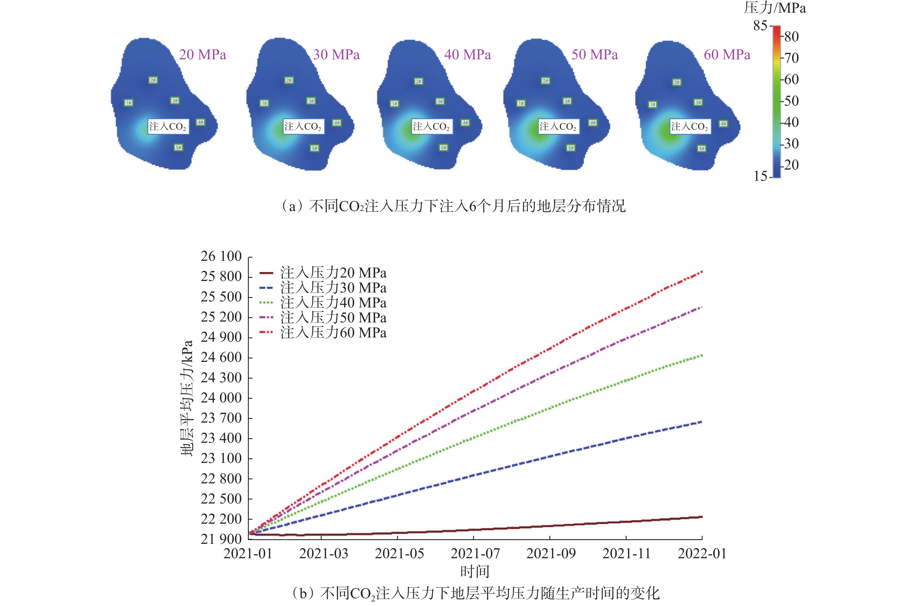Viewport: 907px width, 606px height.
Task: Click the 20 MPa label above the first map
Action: (202, 54)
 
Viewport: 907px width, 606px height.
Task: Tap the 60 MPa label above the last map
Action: (727, 54)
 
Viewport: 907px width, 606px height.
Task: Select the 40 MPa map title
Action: (467, 54)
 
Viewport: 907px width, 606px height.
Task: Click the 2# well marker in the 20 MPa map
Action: (153, 80)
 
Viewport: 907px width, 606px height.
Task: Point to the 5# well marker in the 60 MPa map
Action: (701, 149)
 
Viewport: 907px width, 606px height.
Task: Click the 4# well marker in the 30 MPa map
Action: (337, 123)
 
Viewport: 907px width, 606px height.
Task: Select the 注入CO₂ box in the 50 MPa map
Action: (558, 126)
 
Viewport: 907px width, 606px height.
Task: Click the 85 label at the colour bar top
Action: (760, 26)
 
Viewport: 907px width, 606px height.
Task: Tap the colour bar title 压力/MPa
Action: (775, 8)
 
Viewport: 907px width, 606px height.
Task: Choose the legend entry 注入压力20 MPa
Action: (333, 273)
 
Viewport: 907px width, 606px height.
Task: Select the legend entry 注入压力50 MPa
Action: (333, 318)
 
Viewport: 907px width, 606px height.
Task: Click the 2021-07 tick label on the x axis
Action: (475, 553)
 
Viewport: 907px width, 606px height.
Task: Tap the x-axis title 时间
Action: (475, 571)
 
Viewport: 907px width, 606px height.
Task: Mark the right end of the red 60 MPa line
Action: (701, 272)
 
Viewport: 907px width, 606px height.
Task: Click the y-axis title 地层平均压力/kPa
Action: (187, 398)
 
